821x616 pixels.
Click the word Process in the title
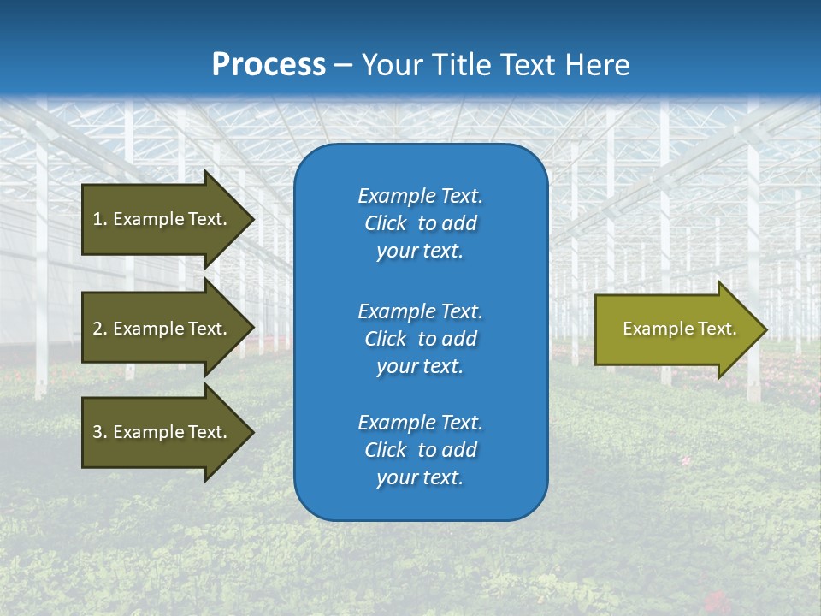click(x=269, y=64)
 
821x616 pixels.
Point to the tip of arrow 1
click(x=252, y=219)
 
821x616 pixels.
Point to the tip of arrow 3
click(x=252, y=432)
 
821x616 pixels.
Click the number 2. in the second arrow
click(x=100, y=329)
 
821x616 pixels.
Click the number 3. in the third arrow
click(x=100, y=432)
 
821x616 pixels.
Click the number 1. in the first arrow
click(x=100, y=219)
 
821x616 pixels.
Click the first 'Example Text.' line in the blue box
click(x=420, y=196)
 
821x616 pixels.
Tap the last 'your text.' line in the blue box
click(x=420, y=477)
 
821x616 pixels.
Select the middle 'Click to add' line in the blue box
click(x=420, y=339)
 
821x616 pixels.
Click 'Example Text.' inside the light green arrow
click(x=679, y=329)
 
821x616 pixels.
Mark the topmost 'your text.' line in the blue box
click(x=420, y=252)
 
